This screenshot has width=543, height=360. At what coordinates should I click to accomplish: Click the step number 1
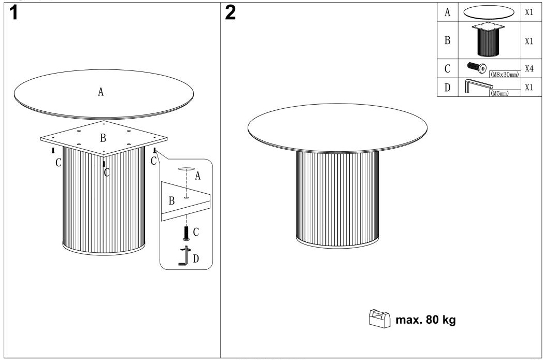13,13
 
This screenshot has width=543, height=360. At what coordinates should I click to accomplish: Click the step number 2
230,13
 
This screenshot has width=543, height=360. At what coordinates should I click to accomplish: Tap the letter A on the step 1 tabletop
101,92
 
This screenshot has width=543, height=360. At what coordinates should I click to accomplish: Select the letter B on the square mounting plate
103,138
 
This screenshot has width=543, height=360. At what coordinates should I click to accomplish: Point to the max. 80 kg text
425,320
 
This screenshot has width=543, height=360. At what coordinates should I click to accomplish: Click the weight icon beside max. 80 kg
380,318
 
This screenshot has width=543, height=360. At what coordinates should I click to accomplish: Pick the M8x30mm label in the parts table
505,75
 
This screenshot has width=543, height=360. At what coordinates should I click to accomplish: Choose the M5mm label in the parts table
499,93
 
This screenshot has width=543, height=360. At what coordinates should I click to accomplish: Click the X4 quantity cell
529,68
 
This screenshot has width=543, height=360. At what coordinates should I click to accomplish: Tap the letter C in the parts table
448,68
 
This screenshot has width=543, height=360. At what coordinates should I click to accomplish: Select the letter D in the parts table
448,88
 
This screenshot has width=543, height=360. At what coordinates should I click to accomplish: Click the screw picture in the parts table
477,67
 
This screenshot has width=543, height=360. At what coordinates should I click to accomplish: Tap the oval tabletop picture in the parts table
489,12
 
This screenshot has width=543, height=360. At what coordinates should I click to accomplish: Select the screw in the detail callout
187,233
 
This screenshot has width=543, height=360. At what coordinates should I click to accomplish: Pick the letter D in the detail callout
196,258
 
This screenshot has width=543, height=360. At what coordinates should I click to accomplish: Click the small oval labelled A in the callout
187,169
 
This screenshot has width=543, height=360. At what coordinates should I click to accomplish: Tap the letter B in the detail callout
172,201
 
